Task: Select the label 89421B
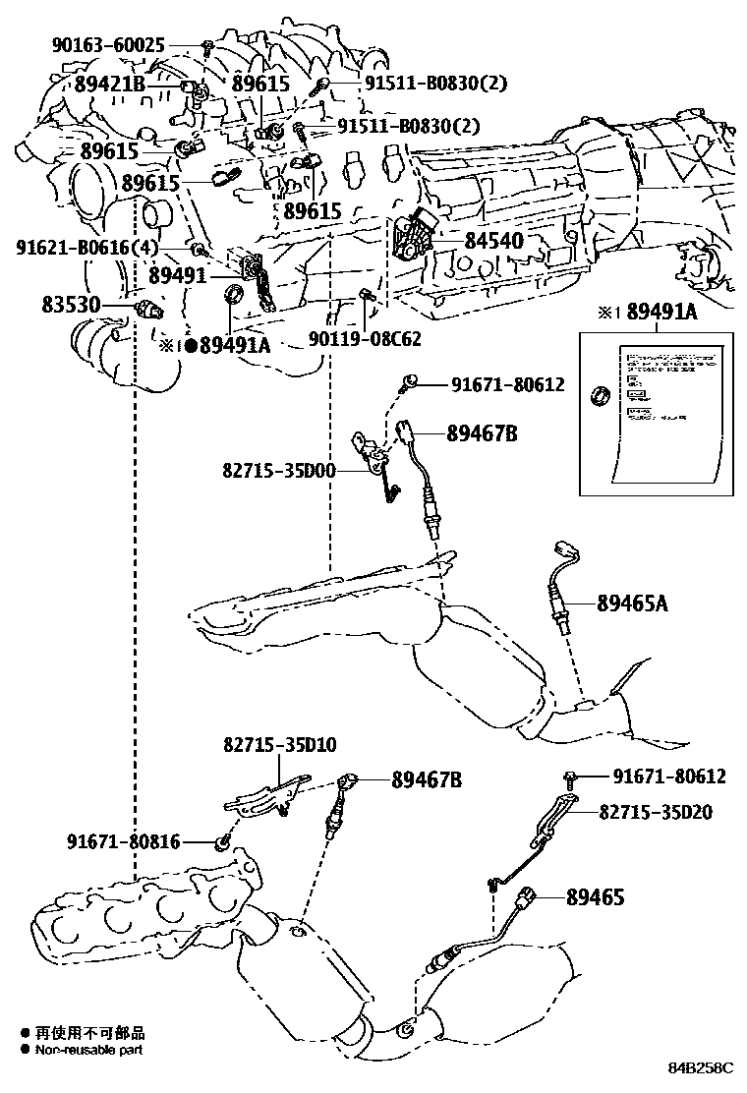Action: coord(109,86)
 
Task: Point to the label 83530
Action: coord(71,305)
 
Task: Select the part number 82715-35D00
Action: coord(279,472)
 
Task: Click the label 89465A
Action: coord(632,604)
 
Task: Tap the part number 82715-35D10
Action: coord(279,745)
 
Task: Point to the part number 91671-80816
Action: coord(124,841)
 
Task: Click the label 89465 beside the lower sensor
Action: coord(597,896)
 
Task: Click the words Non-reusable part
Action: coord(90,1050)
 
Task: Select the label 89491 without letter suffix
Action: coord(178,277)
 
